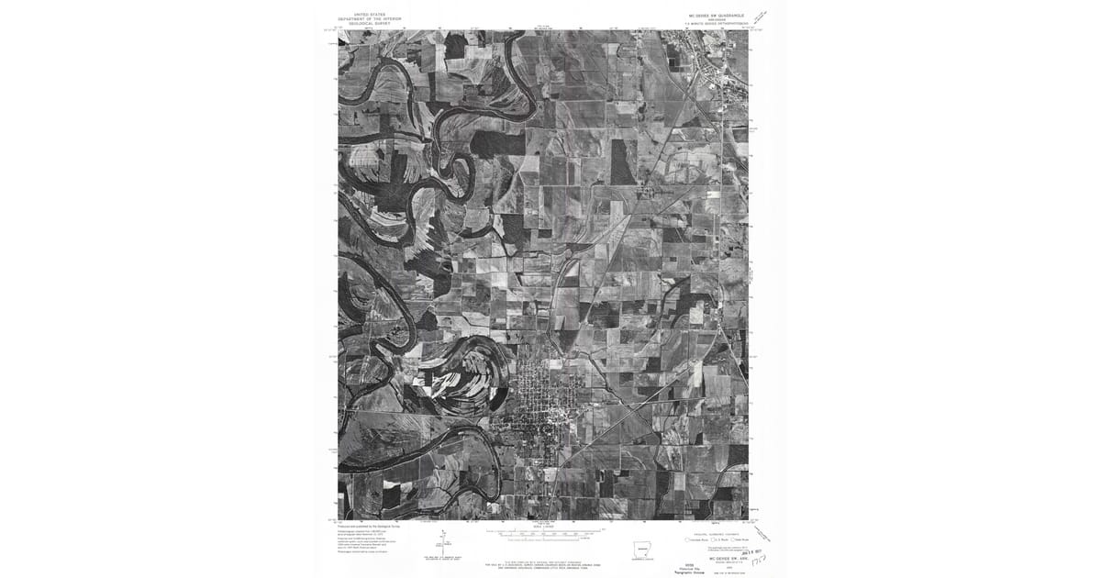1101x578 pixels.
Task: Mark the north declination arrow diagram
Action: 442,541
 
